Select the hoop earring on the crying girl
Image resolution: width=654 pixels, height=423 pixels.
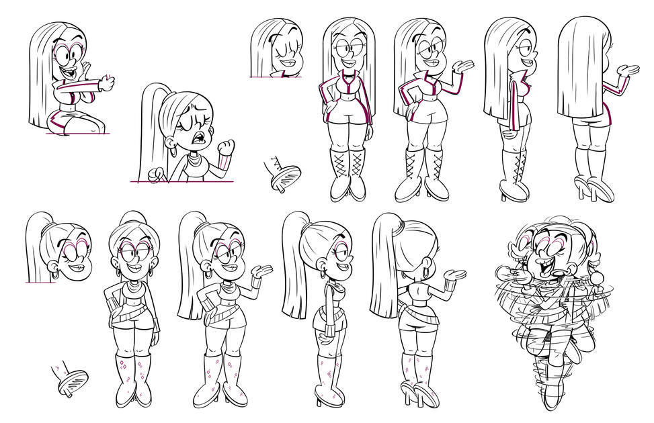pyautogui.click(x=173, y=151)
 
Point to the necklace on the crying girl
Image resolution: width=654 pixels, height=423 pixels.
pyautogui.click(x=194, y=161)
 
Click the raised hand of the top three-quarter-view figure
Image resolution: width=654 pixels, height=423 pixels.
pyautogui.click(x=463, y=66)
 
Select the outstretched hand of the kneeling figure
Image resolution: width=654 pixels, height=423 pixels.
pyautogui.click(x=106, y=83)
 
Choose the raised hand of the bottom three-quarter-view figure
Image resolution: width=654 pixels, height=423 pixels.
pyautogui.click(x=261, y=272)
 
